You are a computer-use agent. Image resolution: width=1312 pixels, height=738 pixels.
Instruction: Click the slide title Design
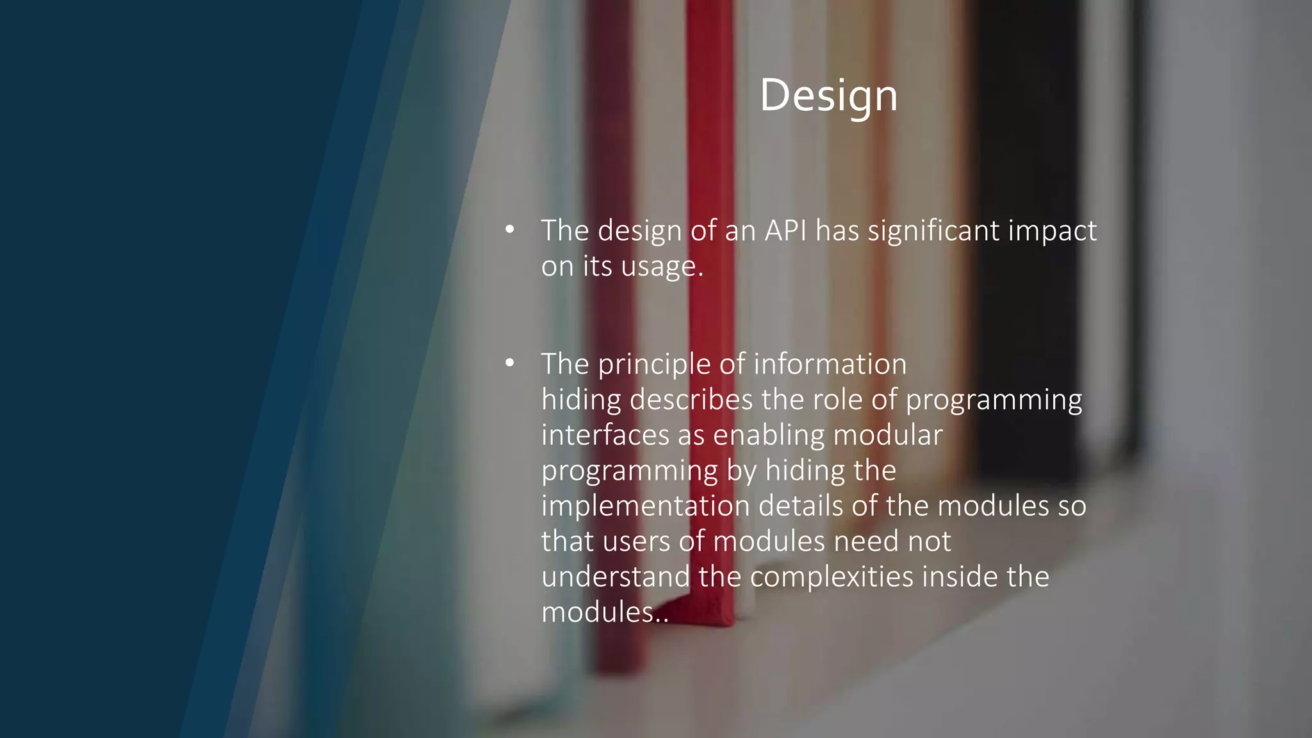tap(828, 96)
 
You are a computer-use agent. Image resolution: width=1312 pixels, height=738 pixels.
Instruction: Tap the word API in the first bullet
tap(785, 231)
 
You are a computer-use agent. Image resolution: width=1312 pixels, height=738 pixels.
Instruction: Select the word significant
tap(933, 231)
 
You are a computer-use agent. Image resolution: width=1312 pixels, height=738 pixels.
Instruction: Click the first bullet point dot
tap(510, 229)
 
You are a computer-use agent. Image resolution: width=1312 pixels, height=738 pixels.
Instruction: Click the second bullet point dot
tap(510, 363)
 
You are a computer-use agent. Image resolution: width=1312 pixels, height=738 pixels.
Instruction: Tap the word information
tap(830, 364)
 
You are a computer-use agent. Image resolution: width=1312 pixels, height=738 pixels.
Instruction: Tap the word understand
tap(616, 577)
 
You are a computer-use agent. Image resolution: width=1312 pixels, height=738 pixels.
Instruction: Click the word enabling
tap(769, 436)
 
